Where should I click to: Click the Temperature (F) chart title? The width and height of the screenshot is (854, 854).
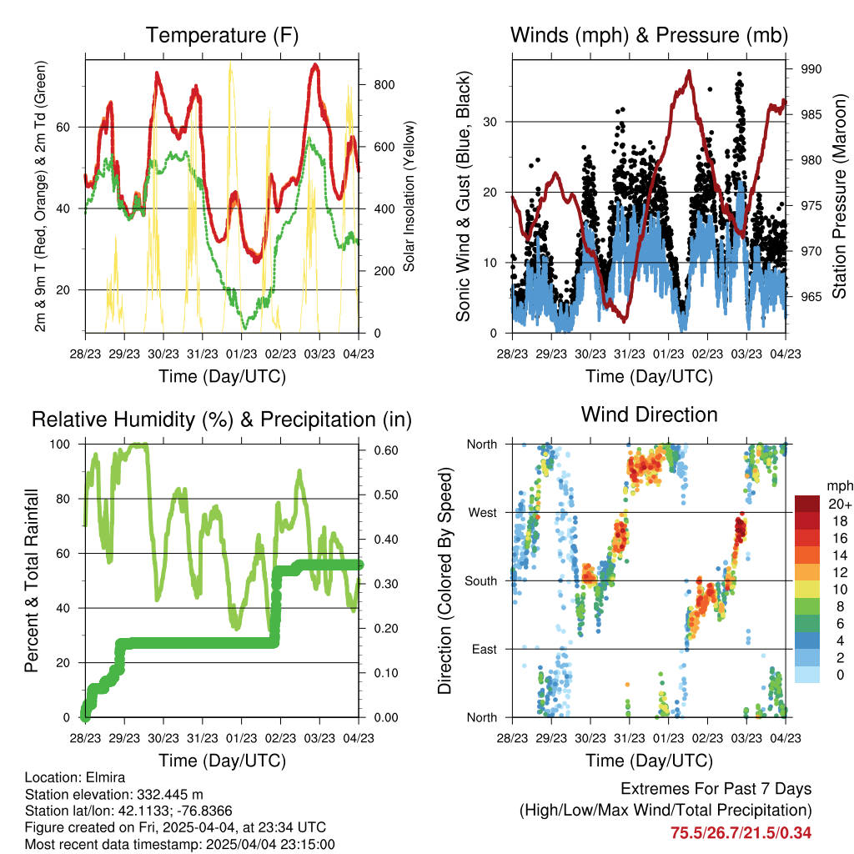222,35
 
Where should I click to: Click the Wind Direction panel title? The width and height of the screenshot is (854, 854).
649,414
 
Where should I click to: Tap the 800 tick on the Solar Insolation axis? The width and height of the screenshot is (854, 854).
384,85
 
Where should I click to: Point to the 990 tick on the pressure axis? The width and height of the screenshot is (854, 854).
811,69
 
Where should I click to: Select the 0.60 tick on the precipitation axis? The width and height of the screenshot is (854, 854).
386,450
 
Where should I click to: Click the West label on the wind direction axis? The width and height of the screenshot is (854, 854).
483,513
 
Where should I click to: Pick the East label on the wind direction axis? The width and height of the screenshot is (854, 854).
485,649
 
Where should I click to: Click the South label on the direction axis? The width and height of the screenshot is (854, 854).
481,581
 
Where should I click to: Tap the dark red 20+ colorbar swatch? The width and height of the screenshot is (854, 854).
806,504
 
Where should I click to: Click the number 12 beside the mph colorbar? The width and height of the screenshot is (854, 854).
840,572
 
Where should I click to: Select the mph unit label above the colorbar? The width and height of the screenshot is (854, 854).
840,486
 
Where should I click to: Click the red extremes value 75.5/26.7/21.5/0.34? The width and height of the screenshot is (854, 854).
741,833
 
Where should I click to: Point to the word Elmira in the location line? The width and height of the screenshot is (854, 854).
106,777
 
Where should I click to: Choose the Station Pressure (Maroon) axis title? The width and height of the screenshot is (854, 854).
839,196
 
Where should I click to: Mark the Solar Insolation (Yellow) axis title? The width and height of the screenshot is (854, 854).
409,196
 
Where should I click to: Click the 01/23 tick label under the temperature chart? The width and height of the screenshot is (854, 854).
241,354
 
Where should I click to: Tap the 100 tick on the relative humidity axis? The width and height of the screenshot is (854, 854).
60,445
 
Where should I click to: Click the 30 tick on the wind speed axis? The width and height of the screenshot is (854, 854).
490,122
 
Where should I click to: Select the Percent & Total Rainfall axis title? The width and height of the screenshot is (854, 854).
33,580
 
